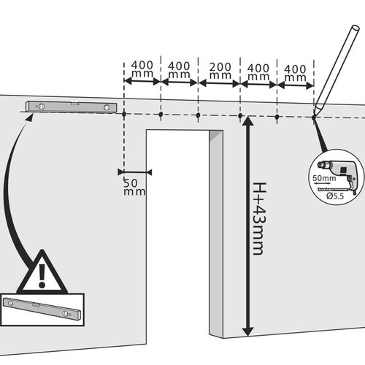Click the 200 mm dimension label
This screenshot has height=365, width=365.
tap(220, 71)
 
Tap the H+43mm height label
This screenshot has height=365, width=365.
tap(259, 218)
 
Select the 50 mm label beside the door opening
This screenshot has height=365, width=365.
tap(134, 187)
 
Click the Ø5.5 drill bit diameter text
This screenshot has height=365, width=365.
tap(335, 196)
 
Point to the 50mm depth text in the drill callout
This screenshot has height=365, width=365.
tap(324, 178)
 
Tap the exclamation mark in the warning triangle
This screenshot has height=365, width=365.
tap(42, 275)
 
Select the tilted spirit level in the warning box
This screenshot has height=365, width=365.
tap(42, 308)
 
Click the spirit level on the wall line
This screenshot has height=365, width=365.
tap(72, 107)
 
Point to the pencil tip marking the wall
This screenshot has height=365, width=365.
tap(314, 116)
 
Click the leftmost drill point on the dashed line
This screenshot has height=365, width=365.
tap(124, 114)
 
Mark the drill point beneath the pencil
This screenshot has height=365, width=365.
tap(314, 118)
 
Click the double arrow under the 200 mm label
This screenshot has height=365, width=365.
tap(219, 83)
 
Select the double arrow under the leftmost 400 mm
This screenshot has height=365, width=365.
tap(142, 81)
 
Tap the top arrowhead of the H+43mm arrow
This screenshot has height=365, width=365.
tap(247, 120)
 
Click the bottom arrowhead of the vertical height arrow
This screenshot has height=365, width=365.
tap(247, 332)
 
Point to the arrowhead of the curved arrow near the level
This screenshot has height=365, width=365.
tap(30, 118)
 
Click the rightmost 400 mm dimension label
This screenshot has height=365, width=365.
tap(295, 73)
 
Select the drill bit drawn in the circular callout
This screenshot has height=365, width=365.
tap(334, 189)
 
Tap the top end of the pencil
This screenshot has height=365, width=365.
tap(355, 28)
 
